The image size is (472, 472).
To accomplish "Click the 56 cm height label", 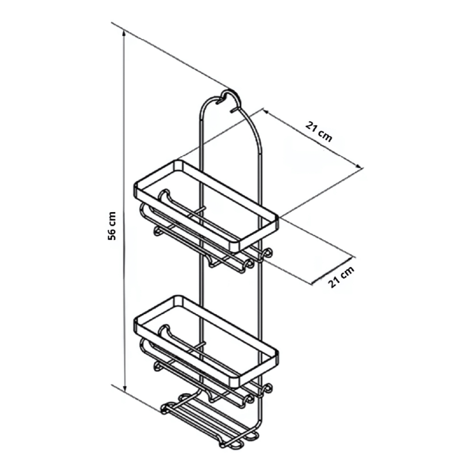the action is click(112, 226).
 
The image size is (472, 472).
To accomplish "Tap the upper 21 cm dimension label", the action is click(319, 132).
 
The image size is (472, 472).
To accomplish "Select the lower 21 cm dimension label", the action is click(341, 277).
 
